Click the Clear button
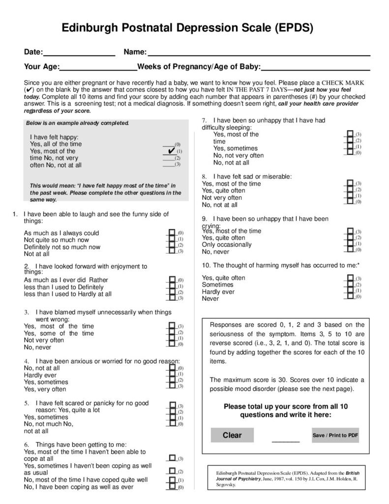click(233, 435)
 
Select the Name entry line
click(259, 53)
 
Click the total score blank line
click(285, 439)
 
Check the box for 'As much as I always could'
click(172, 232)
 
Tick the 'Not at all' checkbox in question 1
click(172, 251)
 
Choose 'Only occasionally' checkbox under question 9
click(349, 244)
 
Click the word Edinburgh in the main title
click(93, 29)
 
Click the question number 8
click(204, 176)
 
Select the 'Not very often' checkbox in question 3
click(172, 338)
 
